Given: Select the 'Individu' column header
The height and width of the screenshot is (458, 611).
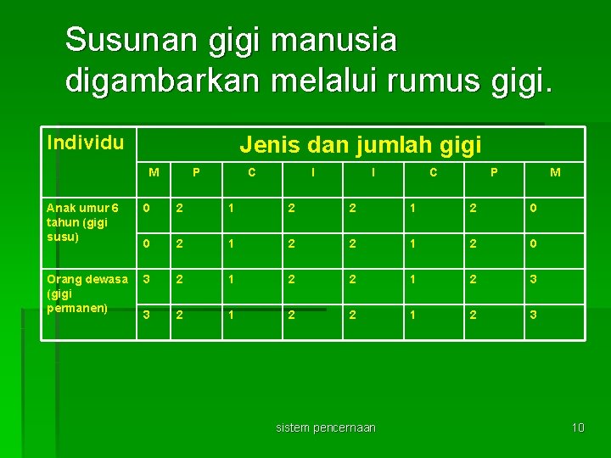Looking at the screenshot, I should (x=86, y=141).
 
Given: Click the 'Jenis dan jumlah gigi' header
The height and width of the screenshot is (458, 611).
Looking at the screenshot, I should (x=361, y=145).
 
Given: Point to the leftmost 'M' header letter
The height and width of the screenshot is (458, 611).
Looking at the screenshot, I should (x=154, y=173).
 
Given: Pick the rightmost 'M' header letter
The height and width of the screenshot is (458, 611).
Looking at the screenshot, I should (x=555, y=173).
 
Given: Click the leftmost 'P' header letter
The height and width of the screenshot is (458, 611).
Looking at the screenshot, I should (x=197, y=173).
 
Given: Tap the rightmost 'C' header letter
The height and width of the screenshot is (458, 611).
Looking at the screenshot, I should (x=433, y=173).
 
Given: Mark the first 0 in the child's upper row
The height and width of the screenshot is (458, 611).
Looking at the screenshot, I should (x=146, y=208).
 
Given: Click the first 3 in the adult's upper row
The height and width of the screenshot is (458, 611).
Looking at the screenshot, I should (x=146, y=279).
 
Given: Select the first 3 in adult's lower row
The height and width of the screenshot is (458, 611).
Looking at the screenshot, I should (x=146, y=315).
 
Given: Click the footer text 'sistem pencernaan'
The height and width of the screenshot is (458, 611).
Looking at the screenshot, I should (x=326, y=427).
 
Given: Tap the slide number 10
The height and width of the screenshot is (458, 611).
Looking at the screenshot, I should (x=578, y=427).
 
